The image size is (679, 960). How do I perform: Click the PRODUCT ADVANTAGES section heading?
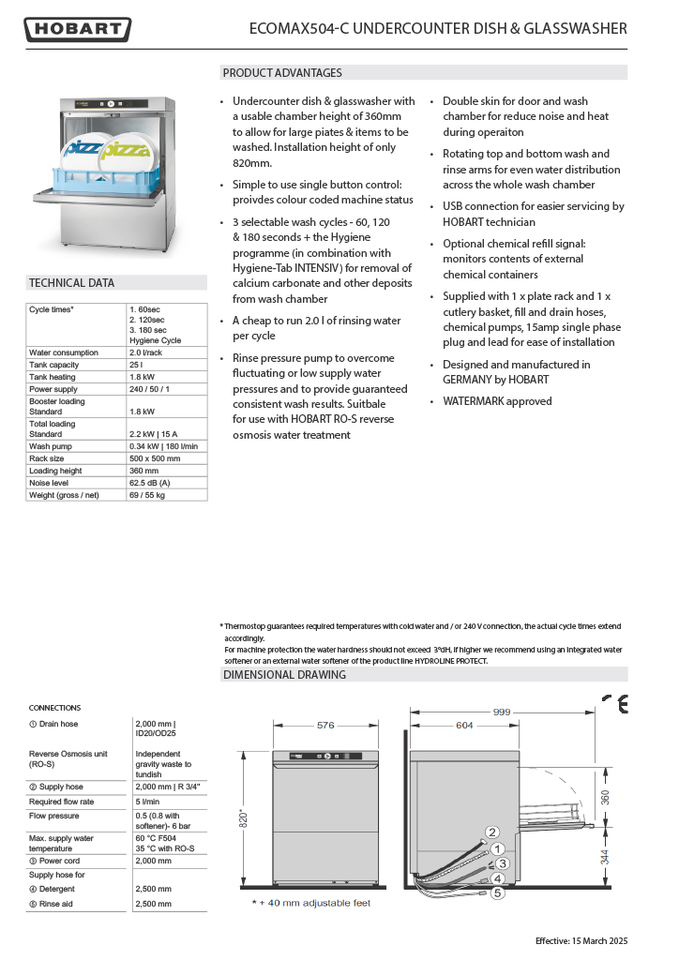pyautogui.click(x=282, y=73)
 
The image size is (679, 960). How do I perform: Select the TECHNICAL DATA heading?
pyautogui.click(x=71, y=282)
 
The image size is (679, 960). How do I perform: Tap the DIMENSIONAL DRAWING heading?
pyautogui.click(x=284, y=675)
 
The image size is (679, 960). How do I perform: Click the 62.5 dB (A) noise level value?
pyautogui.click(x=151, y=483)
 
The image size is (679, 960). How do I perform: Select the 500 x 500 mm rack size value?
pyautogui.click(x=155, y=458)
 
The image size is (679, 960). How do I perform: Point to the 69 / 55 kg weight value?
pyautogui.click(x=148, y=494)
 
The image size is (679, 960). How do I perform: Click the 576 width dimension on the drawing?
pyautogui.click(x=325, y=725)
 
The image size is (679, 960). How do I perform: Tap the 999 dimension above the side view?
pyautogui.click(x=502, y=712)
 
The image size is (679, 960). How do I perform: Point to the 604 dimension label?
pyautogui.click(x=464, y=725)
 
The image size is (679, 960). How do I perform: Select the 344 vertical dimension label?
pyautogui.click(x=605, y=855)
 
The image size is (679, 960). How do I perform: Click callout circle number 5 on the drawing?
pyautogui.click(x=498, y=893)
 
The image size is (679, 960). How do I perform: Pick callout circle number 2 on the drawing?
pyautogui.click(x=492, y=832)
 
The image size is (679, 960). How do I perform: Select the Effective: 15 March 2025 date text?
pyautogui.click(x=581, y=940)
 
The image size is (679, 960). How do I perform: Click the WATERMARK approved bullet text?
pyautogui.click(x=497, y=401)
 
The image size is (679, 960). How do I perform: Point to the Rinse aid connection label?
pyautogui.click(x=52, y=904)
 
